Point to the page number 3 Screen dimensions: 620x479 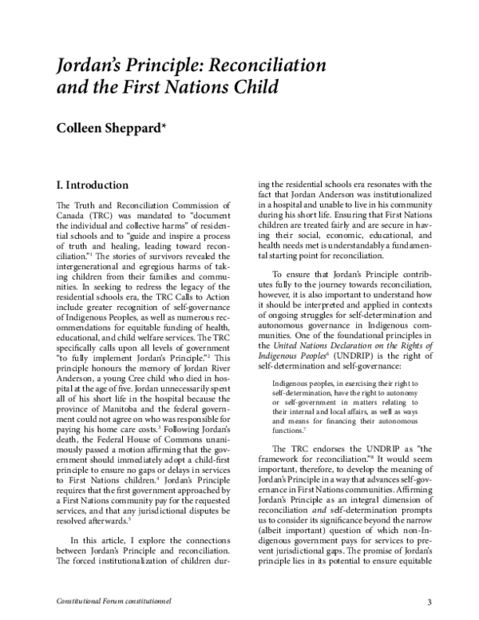428,602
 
